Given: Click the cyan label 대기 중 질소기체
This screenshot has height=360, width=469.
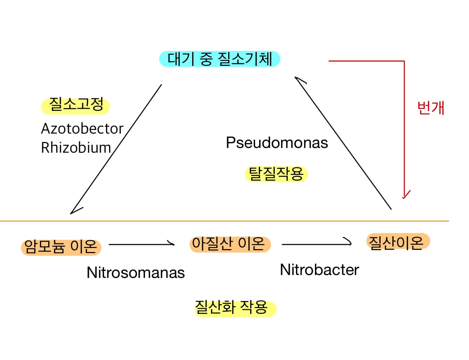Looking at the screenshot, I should tap(220, 59).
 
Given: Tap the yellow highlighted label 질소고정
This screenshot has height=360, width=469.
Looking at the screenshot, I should tap(76, 105).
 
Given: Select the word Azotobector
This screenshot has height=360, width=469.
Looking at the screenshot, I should tap(82, 129).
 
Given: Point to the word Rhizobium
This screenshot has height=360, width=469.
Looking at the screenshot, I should tap(76, 148).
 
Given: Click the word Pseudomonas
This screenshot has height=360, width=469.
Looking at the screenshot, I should tap(277, 143).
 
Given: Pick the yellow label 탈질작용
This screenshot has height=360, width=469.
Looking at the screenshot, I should tap(276, 174).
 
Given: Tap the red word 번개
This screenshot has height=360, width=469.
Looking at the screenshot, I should tap(430, 108).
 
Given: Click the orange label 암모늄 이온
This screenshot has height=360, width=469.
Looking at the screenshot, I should tap(61, 247).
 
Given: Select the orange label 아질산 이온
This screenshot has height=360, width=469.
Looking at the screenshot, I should tap(230, 244).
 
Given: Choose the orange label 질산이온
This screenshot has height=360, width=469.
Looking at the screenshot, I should tap(397, 242).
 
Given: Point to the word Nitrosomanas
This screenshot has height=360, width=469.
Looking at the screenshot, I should tap(136, 273).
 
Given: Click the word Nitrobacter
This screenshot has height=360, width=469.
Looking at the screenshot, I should tap(319, 270).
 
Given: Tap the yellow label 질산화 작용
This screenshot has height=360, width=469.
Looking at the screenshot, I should tap(235, 308).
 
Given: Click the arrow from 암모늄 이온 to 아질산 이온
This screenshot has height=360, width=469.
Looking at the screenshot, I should tap(141, 244).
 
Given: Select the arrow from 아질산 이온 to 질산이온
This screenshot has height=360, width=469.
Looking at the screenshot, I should tap(316, 244).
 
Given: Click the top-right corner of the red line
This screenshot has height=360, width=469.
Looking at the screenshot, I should tap(404, 62).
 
